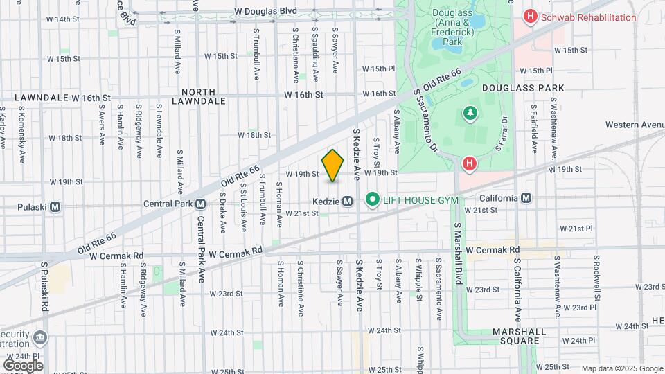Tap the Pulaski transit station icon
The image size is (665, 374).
pos(55,206)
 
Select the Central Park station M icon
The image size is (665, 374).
pos(200,204)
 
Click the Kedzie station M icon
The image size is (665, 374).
pos(348,201)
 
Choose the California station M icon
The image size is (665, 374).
pos(526,198)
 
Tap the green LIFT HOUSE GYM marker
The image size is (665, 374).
pos(373,200)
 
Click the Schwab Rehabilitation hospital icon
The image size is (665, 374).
pos(531,17)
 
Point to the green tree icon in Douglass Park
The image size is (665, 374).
pos(470,113)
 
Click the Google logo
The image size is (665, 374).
pos(24,365)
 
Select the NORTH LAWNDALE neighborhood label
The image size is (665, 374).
pos(204,96)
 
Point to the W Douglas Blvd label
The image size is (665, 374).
pos(265,11)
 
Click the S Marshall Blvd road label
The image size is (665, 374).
pos(458,253)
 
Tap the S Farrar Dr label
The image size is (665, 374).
pos(503,133)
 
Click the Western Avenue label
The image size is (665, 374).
pos(634,125)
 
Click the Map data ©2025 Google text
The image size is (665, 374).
pos(621,368)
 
